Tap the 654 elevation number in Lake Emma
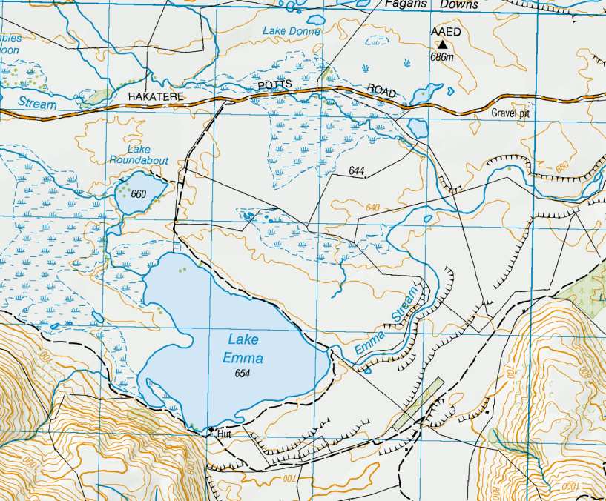click(240, 373)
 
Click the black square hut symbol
click(211, 430)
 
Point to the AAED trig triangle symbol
click(442, 45)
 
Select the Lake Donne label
click(292, 32)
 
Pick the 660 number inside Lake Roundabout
click(138, 195)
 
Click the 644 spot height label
click(357, 171)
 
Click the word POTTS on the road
click(276, 86)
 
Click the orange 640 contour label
click(372, 207)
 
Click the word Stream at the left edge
click(37, 104)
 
